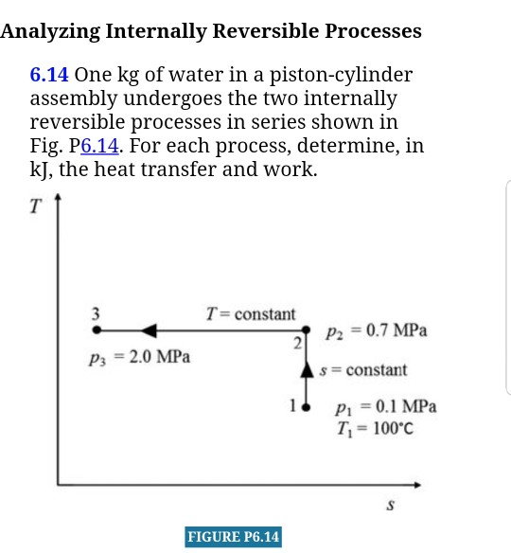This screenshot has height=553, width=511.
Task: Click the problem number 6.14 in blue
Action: [49, 75]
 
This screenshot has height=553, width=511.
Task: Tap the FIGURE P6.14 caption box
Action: [234, 537]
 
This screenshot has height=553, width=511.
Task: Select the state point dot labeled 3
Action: [96, 330]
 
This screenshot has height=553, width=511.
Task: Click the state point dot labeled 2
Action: [305, 330]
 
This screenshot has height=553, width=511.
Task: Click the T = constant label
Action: [251, 313]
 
